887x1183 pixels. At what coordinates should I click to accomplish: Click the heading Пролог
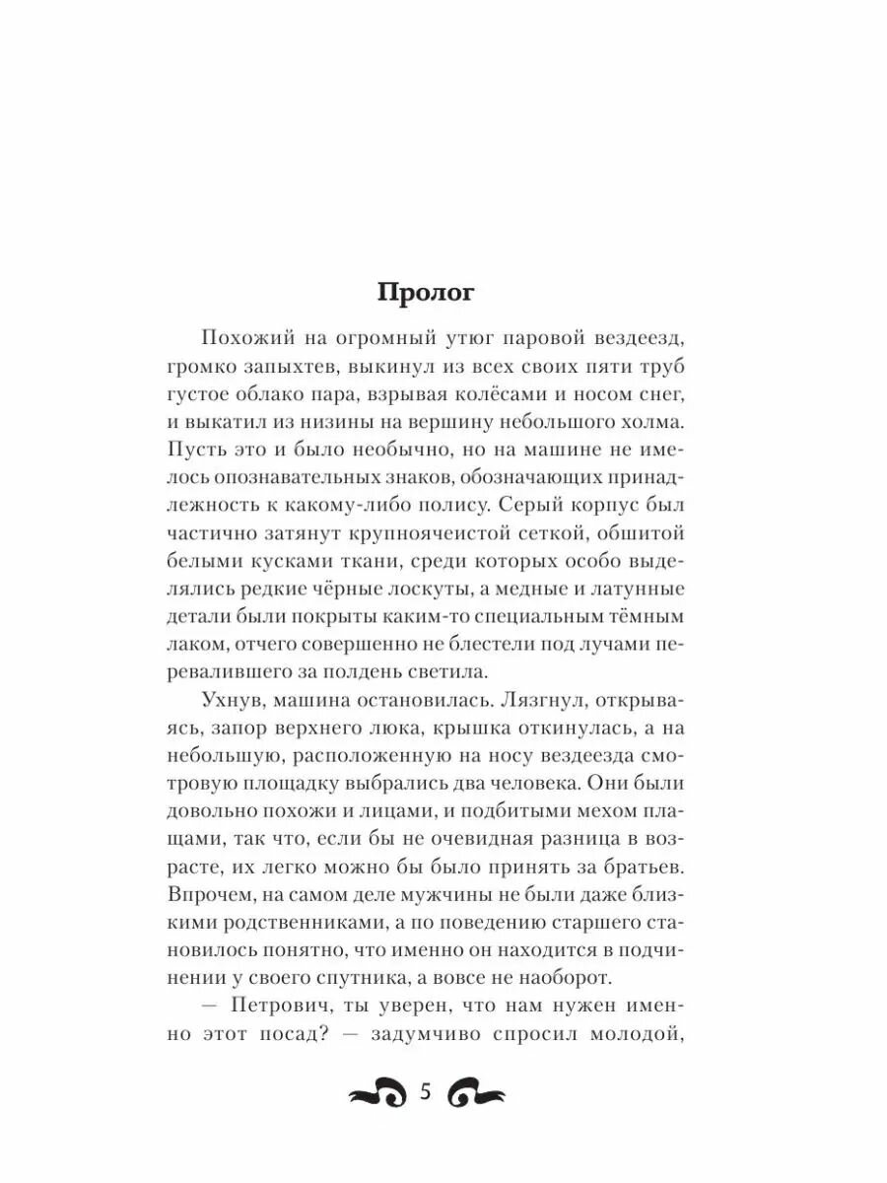coord(427,294)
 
